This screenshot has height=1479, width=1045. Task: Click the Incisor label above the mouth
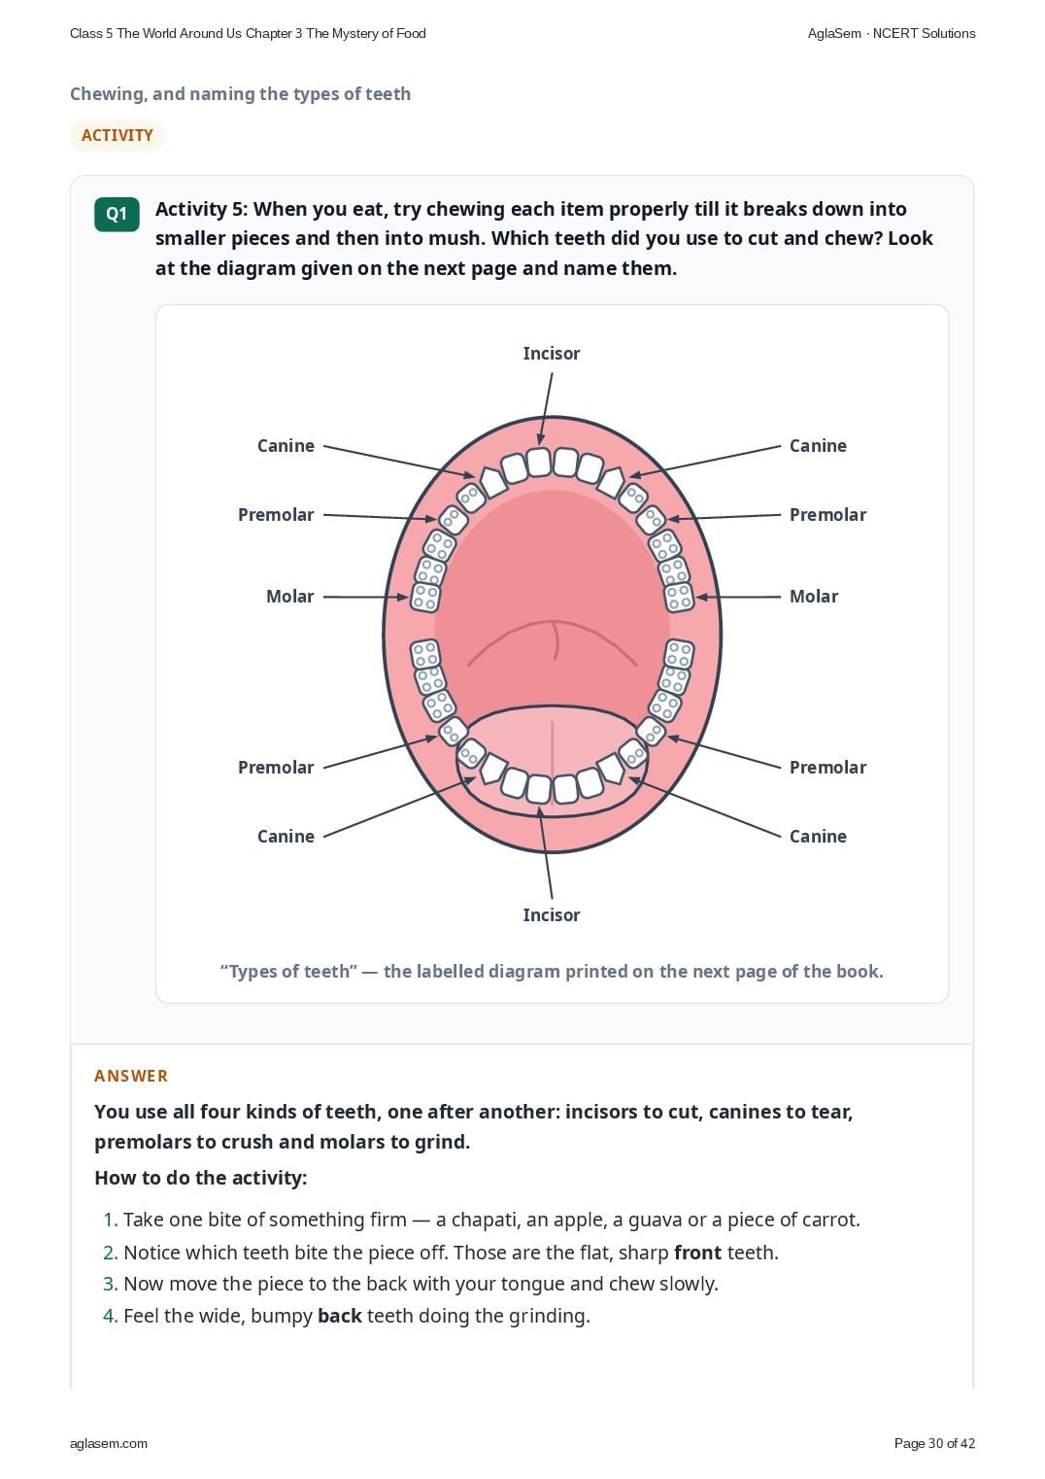click(551, 354)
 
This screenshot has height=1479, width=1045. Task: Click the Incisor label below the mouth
click(551, 915)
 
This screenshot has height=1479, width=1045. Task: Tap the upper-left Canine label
click(286, 446)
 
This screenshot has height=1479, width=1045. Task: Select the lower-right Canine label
click(818, 837)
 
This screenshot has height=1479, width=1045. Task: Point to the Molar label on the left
click(289, 597)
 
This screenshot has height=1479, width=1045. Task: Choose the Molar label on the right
click(814, 597)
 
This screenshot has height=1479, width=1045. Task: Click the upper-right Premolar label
click(828, 515)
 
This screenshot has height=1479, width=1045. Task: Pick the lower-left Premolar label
click(276, 768)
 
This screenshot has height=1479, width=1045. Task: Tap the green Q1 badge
click(117, 214)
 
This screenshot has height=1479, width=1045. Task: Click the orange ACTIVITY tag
click(118, 135)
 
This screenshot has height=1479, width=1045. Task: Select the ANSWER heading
click(130, 1077)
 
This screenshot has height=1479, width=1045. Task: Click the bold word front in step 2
click(697, 1253)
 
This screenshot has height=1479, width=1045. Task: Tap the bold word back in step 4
click(339, 1316)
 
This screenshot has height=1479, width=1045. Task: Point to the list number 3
click(110, 1285)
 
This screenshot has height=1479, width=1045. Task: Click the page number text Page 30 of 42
click(934, 1443)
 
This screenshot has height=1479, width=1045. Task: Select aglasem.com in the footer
click(109, 1444)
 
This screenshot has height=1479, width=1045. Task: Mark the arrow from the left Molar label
click(365, 597)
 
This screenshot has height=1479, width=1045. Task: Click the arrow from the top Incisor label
click(546, 409)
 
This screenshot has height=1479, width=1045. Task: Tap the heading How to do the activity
click(201, 1178)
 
